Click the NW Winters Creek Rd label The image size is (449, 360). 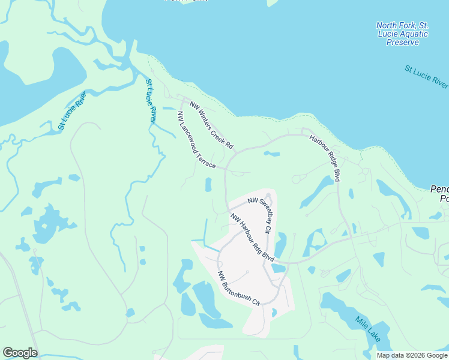click(211, 125)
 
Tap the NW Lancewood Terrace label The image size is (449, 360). click(196, 139)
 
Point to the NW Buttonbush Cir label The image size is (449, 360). click(238, 287)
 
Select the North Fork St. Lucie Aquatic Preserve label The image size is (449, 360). click(402, 34)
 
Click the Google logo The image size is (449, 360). click(20, 353)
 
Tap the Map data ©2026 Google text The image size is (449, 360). click(411, 355)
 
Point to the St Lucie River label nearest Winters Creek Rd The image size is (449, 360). click(151, 101)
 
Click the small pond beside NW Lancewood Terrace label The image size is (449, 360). click(208, 185)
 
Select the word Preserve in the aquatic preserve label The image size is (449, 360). click(402, 43)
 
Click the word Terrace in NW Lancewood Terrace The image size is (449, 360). click(205, 157)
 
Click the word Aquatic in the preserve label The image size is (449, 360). click(411, 34)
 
